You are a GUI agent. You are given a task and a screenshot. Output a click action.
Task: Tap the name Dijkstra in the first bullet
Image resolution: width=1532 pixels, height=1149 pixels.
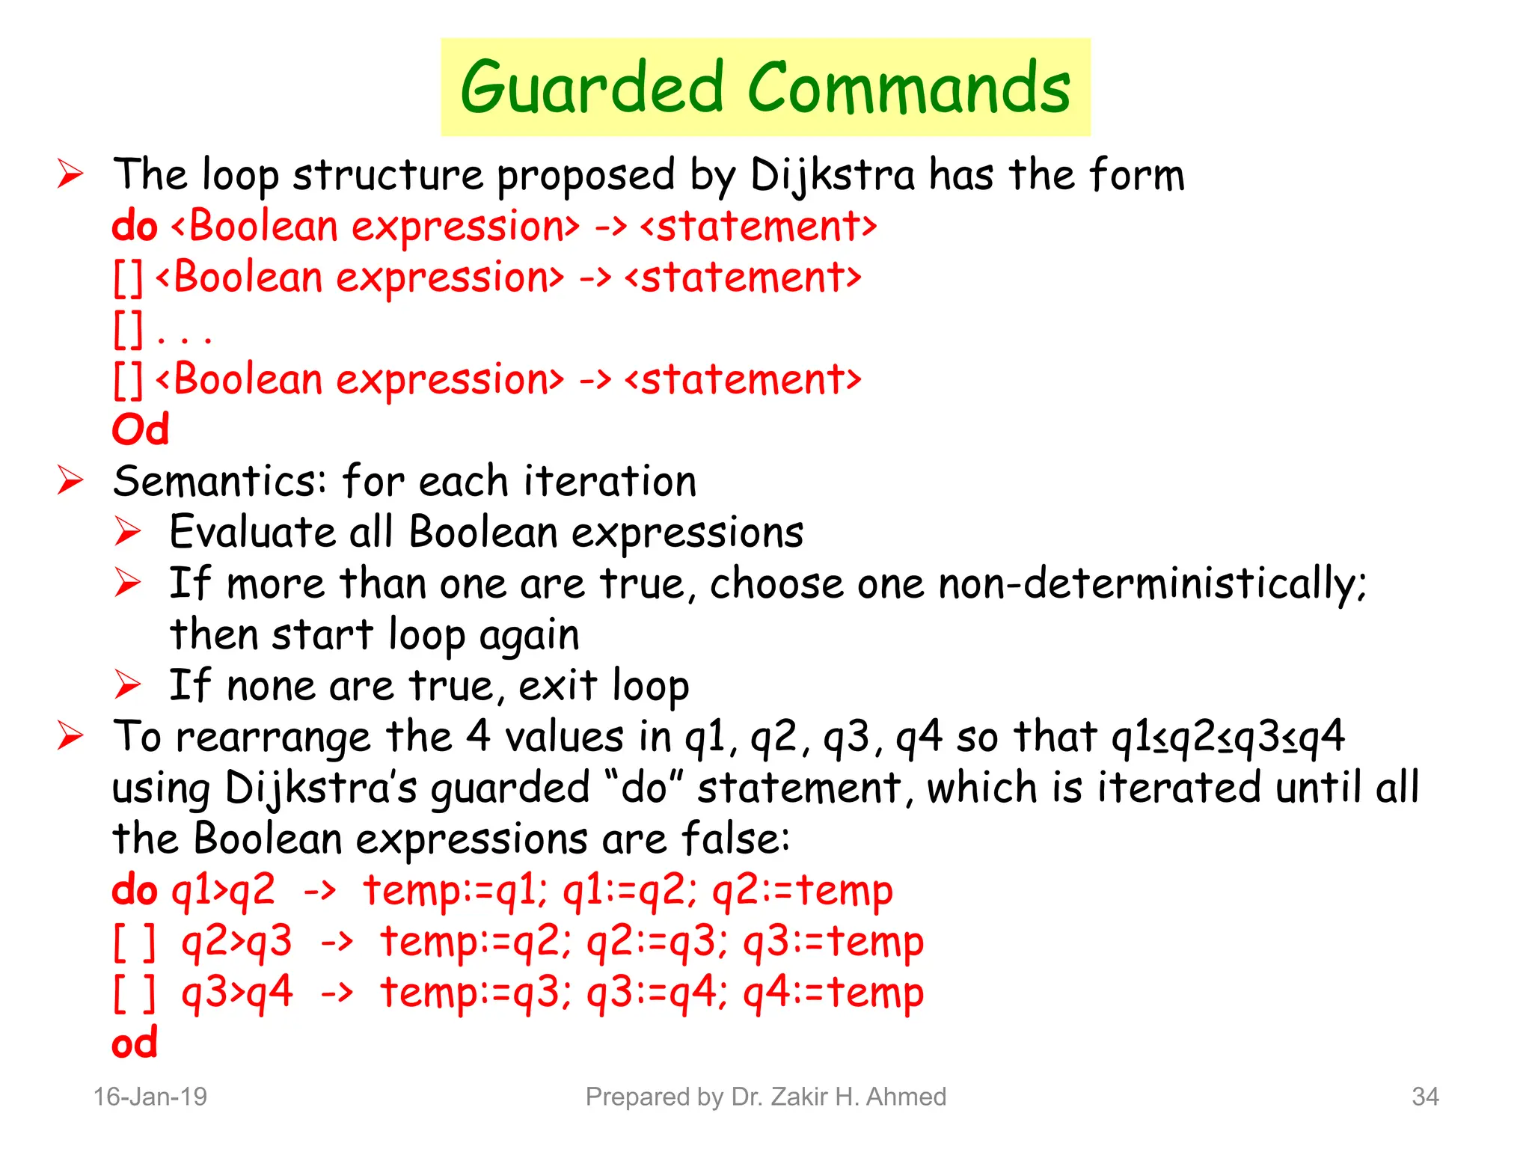click(x=832, y=177)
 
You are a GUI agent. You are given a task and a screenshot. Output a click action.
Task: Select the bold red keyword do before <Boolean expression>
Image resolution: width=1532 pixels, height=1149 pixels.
click(x=135, y=227)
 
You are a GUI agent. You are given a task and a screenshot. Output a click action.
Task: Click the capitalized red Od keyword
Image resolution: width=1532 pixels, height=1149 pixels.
click(x=141, y=430)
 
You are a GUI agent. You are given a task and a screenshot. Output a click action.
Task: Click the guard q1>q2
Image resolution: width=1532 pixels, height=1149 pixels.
click(x=224, y=891)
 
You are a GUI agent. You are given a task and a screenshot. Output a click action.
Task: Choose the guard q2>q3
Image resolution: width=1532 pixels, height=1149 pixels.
click(x=236, y=942)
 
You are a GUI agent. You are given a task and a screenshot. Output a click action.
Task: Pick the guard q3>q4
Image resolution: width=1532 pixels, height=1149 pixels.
click(x=236, y=993)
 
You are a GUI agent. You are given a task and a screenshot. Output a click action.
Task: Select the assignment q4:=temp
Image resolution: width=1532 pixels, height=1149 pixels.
click(x=833, y=993)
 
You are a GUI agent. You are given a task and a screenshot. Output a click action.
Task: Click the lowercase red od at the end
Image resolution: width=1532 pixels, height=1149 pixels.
click(x=135, y=1044)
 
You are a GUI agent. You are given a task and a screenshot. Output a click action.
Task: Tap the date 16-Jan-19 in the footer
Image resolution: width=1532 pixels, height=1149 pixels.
click(x=150, y=1097)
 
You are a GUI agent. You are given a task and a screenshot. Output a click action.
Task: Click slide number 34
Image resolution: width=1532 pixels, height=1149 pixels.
click(x=1425, y=1097)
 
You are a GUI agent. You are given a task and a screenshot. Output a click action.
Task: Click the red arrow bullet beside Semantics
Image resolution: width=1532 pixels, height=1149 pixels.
click(x=70, y=480)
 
